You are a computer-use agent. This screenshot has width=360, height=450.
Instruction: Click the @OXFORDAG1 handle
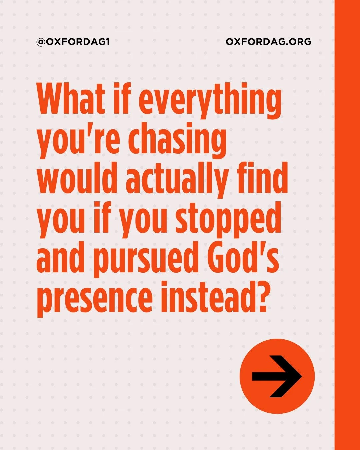[x=73, y=42]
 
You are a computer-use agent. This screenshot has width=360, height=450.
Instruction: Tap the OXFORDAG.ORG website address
[x=268, y=42]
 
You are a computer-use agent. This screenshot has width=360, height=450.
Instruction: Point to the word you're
[x=78, y=140]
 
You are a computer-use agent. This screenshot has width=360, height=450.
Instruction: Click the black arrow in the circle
[x=277, y=376]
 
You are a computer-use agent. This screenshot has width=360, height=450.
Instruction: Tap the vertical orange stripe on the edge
[x=347, y=225]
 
